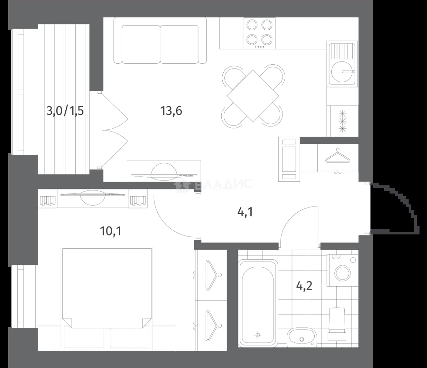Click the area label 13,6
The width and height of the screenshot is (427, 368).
171,111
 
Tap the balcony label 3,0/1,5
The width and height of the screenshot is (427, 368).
65,111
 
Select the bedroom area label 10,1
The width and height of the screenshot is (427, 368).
111,231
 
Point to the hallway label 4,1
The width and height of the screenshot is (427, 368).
245,212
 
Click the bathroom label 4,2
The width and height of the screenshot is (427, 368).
304,287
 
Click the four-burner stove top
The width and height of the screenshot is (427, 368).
259,33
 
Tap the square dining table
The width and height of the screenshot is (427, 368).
253,96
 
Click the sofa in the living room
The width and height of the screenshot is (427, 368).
160,41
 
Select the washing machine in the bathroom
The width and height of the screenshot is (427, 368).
343,270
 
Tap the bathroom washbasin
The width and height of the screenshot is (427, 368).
302,337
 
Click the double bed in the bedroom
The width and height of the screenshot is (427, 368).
107,298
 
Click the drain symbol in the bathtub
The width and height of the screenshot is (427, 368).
258,335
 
